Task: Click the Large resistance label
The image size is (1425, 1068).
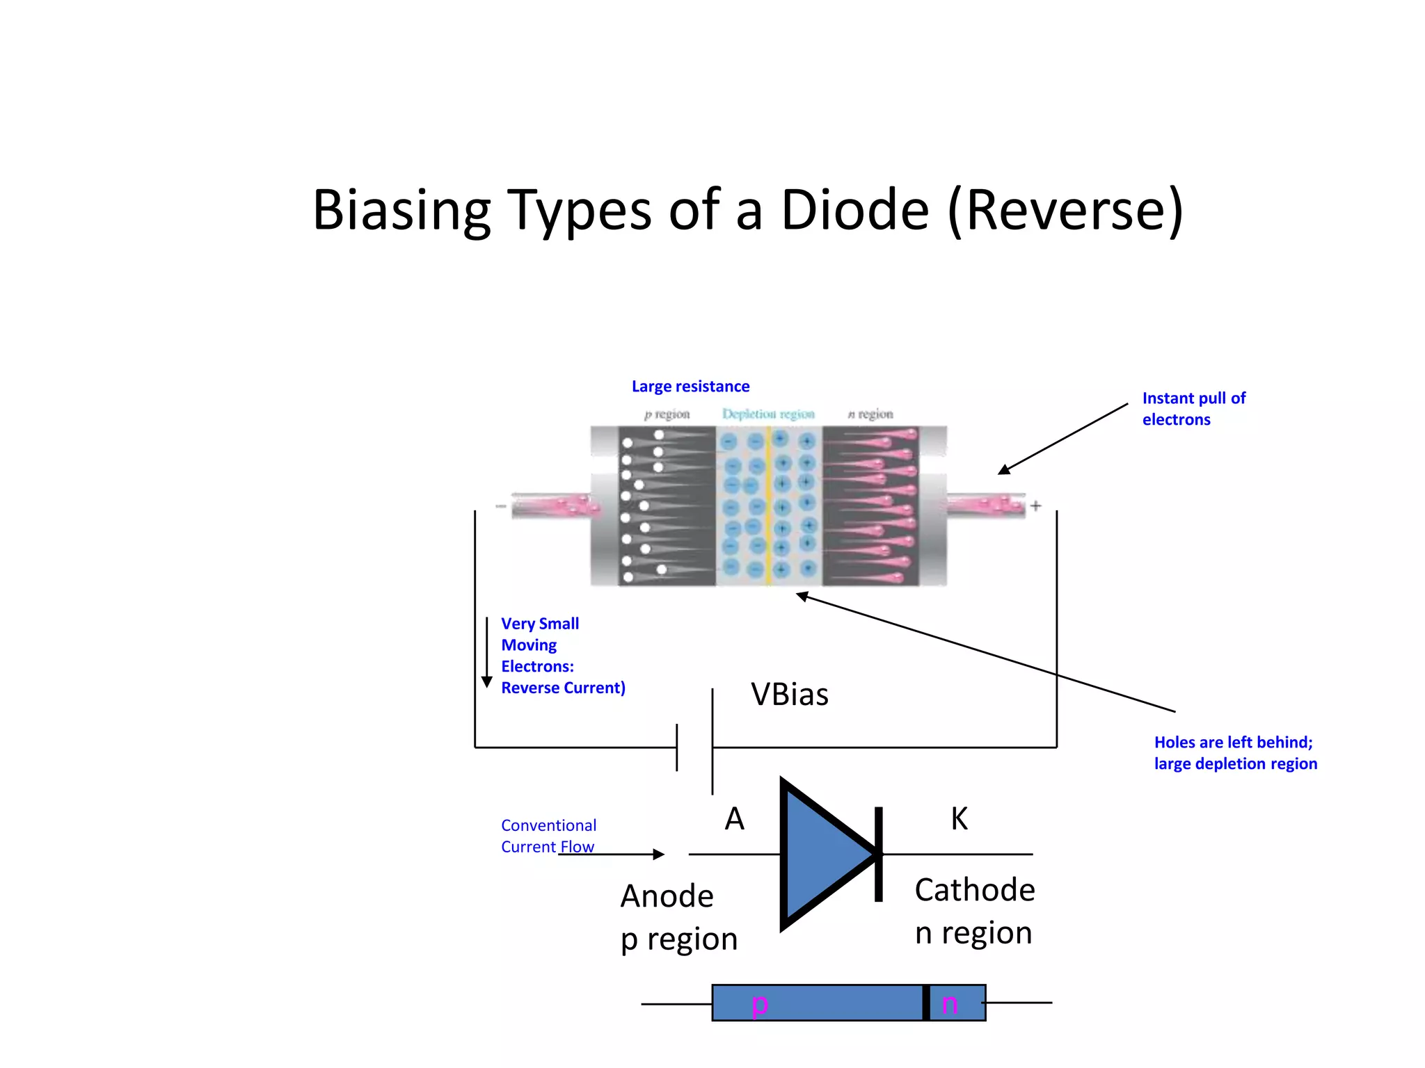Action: [690, 387]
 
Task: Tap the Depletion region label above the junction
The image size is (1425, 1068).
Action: [767, 414]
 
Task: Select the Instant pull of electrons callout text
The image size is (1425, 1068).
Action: [1193, 409]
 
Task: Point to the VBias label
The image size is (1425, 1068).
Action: [789, 695]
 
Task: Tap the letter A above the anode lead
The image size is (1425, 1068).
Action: [734, 819]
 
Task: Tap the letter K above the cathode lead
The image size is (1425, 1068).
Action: [959, 819]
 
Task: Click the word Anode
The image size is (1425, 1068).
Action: [667, 896]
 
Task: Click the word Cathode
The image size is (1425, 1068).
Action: [974, 890]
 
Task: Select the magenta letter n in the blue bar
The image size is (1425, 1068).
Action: [949, 1004]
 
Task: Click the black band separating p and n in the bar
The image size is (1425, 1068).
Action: [925, 1003]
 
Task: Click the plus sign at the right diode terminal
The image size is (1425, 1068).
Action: [1035, 506]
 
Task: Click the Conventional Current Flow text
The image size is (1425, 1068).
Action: [548, 836]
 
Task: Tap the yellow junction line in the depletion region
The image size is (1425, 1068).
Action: [768, 508]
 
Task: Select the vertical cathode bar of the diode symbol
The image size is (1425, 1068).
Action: [879, 854]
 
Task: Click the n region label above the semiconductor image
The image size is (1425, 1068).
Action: [870, 414]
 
